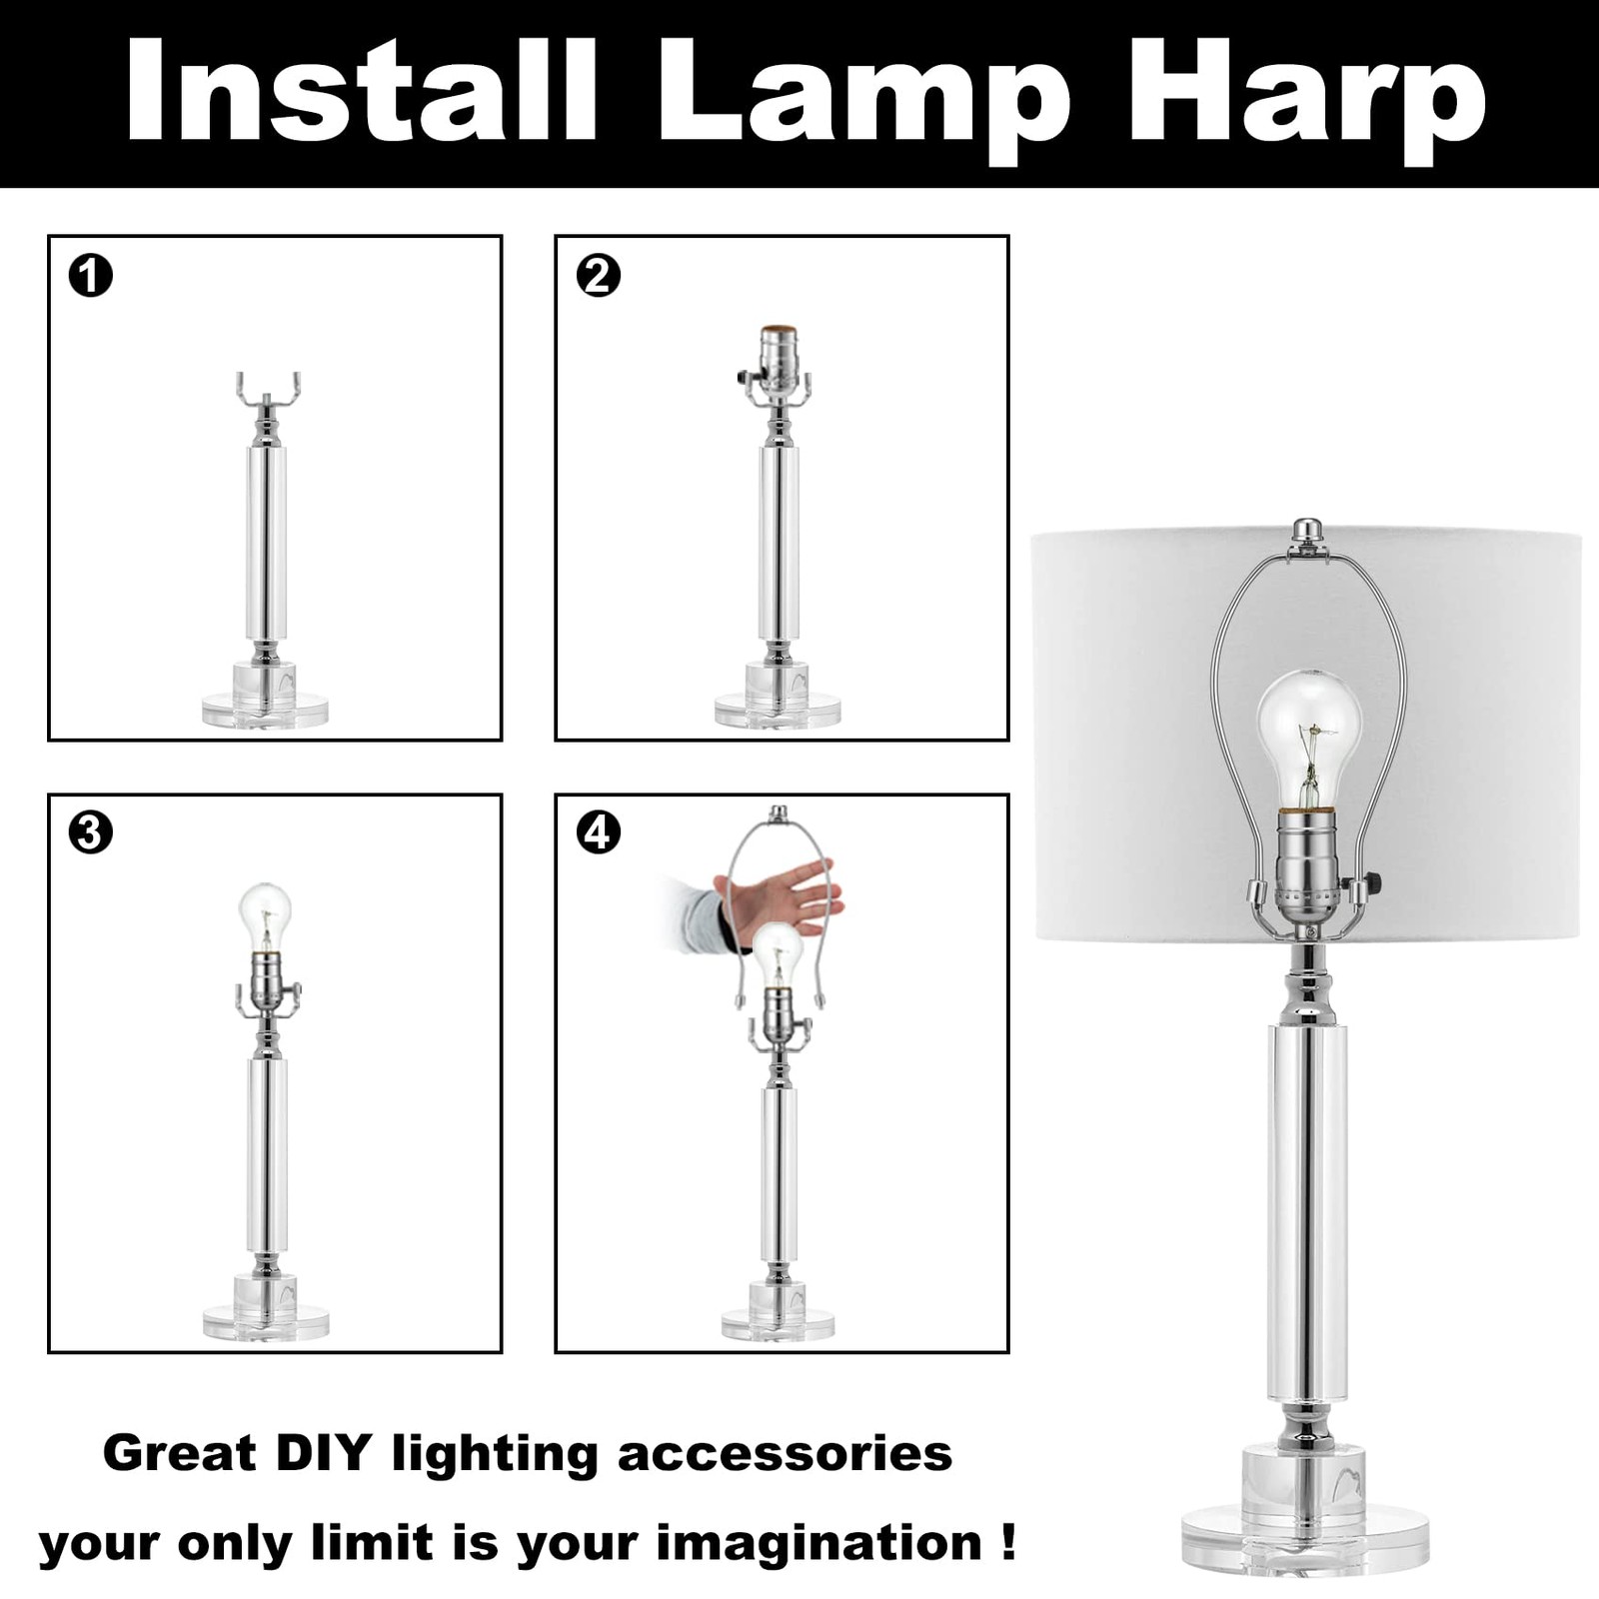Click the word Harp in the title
[1308, 95]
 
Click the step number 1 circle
[91, 276]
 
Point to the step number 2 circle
[599, 276]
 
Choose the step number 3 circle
[91, 831]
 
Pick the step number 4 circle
[599, 831]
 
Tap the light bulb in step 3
[265, 917]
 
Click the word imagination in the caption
[819, 1543]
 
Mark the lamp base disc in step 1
[265, 711]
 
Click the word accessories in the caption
[785, 1454]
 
